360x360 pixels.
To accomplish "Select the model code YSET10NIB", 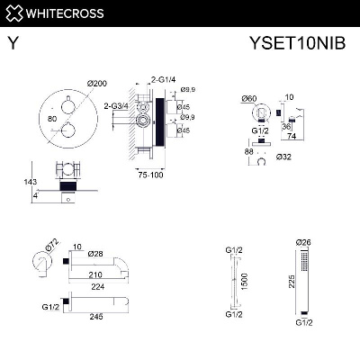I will [302, 41].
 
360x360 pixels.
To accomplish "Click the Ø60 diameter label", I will [252, 96].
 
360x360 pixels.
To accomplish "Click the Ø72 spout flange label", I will [52, 243].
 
